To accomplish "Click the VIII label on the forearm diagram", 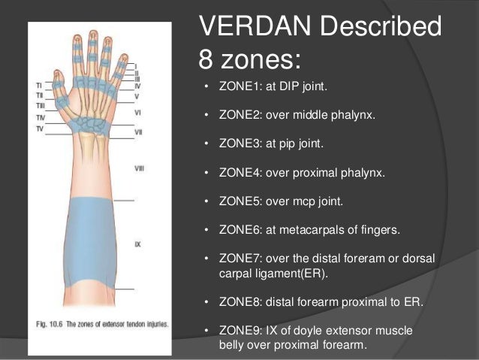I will tap(139, 168).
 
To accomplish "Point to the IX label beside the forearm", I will tap(137, 244).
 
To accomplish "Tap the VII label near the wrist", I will tap(138, 132).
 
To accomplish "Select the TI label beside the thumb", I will tap(38, 85).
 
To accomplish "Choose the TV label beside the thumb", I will tap(39, 129).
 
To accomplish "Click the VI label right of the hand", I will tap(137, 112).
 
